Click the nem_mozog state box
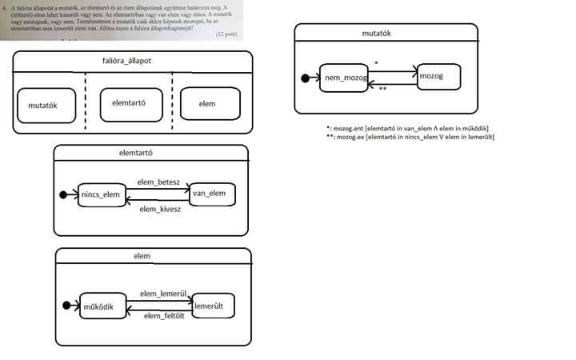[344, 78]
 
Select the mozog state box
[440, 76]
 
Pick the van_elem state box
[212, 195]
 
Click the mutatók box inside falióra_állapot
[47, 105]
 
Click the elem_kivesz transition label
[161, 209]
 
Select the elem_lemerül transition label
[163, 294]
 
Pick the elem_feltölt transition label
[164, 317]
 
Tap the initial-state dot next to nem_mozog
[304, 78]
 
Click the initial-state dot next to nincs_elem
[63, 195]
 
